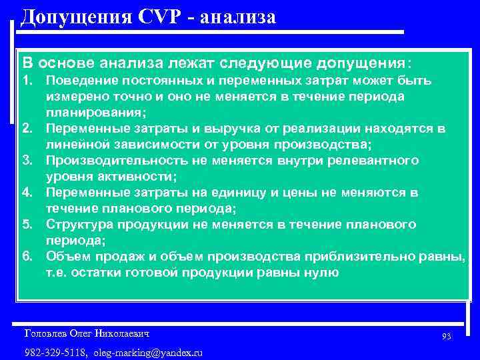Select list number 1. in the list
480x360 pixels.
(29, 81)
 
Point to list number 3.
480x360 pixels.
(29, 161)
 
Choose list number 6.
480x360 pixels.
(29, 257)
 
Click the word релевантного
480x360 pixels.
(375, 161)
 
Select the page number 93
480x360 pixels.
(446, 337)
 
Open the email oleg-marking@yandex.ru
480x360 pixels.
(148, 352)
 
